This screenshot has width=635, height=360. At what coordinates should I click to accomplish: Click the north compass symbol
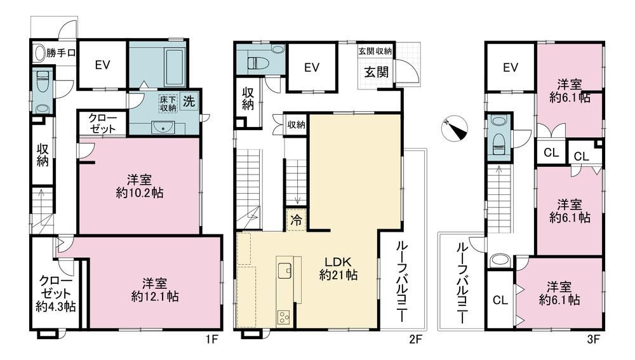click(x=455, y=129)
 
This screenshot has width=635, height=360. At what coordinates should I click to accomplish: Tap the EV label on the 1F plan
click(x=102, y=65)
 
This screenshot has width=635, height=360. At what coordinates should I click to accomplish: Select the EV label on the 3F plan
click(x=511, y=67)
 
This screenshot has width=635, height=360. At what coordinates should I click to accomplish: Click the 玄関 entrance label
click(x=376, y=72)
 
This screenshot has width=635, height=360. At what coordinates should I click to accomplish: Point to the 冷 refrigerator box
click(x=297, y=220)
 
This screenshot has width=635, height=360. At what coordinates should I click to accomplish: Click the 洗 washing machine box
click(x=189, y=101)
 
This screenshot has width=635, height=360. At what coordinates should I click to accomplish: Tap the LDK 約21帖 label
click(x=338, y=268)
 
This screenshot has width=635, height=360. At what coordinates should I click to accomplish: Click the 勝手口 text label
click(x=61, y=53)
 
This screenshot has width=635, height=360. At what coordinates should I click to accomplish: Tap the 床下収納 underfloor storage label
click(x=168, y=103)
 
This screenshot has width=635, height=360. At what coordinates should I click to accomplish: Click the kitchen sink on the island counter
click(x=284, y=270)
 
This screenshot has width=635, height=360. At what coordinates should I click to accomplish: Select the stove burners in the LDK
click(x=283, y=317)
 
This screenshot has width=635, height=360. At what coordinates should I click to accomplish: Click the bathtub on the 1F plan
click(x=175, y=66)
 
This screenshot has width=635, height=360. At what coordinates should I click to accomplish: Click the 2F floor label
click(x=415, y=338)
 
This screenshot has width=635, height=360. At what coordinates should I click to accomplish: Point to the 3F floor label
click(x=593, y=339)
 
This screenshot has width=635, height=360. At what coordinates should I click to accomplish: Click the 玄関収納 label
click(x=375, y=51)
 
